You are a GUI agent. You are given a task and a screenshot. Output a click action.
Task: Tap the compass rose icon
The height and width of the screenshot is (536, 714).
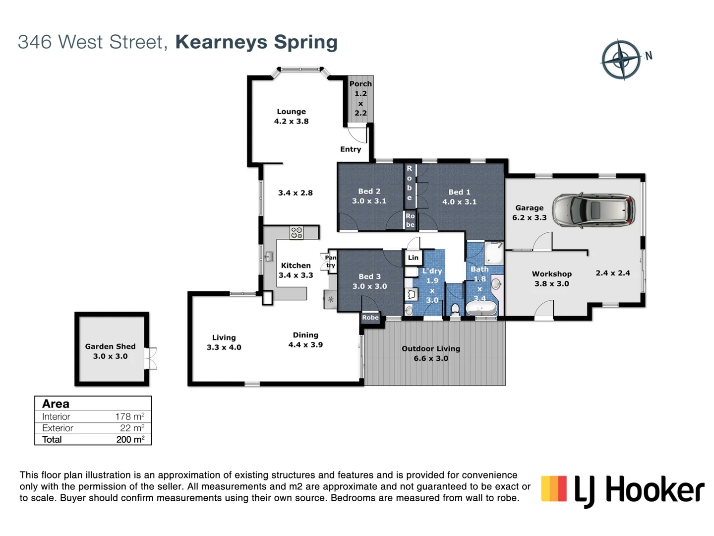(x=621, y=60)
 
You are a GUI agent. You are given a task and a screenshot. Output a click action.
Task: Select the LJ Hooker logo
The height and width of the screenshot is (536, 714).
(x=623, y=490)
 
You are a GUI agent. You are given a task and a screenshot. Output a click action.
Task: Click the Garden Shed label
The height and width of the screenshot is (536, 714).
(x=110, y=346)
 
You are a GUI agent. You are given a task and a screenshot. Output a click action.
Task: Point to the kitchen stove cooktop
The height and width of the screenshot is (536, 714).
(x=297, y=233)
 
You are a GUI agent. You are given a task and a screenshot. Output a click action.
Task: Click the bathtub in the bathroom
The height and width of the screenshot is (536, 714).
(x=481, y=309)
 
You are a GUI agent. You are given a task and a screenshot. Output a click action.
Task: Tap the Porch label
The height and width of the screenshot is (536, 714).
(x=360, y=84)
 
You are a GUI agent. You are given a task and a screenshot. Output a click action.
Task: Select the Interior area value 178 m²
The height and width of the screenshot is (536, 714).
(x=129, y=416)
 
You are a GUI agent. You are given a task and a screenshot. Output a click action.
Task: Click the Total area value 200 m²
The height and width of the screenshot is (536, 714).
(x=130, y=439)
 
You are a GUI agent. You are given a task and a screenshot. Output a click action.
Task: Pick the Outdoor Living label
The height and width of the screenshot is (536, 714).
(x=430, y=348)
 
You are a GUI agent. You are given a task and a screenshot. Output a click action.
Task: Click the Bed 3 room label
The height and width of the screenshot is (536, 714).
(x=369, y=276)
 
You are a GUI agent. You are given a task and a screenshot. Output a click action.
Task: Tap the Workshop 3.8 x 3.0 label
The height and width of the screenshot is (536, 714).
(x=551, y=278)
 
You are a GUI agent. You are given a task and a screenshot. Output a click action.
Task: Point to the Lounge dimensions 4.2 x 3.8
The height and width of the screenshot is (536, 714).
(x=291, y=121)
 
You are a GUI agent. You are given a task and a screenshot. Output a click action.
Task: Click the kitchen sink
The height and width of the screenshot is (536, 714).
(x=269, y=257)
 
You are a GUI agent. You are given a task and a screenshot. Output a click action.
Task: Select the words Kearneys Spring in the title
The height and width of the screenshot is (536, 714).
(x=256, y=42)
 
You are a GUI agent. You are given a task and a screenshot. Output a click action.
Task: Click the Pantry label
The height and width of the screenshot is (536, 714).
(x=331, y=262)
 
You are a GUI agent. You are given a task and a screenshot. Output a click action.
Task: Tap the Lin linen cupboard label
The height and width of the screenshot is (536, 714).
(x=413, y=258)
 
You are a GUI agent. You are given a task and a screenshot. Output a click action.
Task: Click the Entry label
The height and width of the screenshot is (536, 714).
(x=351, y=149)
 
